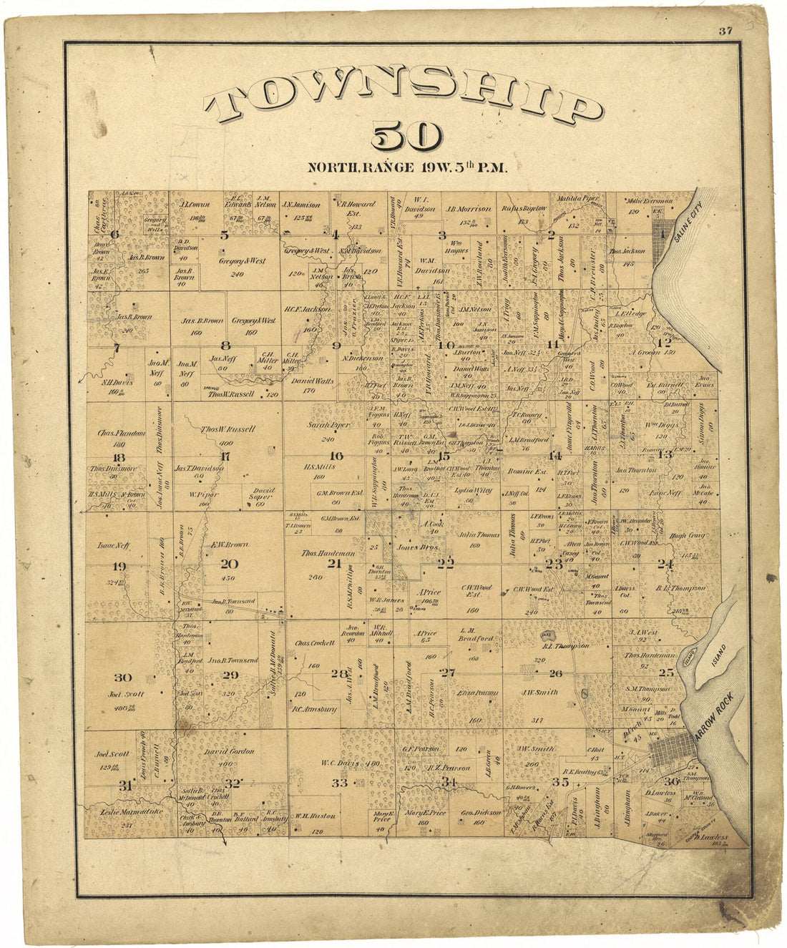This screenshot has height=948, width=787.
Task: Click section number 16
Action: point(335,455)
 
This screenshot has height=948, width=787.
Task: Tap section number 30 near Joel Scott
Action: point(122,678)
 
